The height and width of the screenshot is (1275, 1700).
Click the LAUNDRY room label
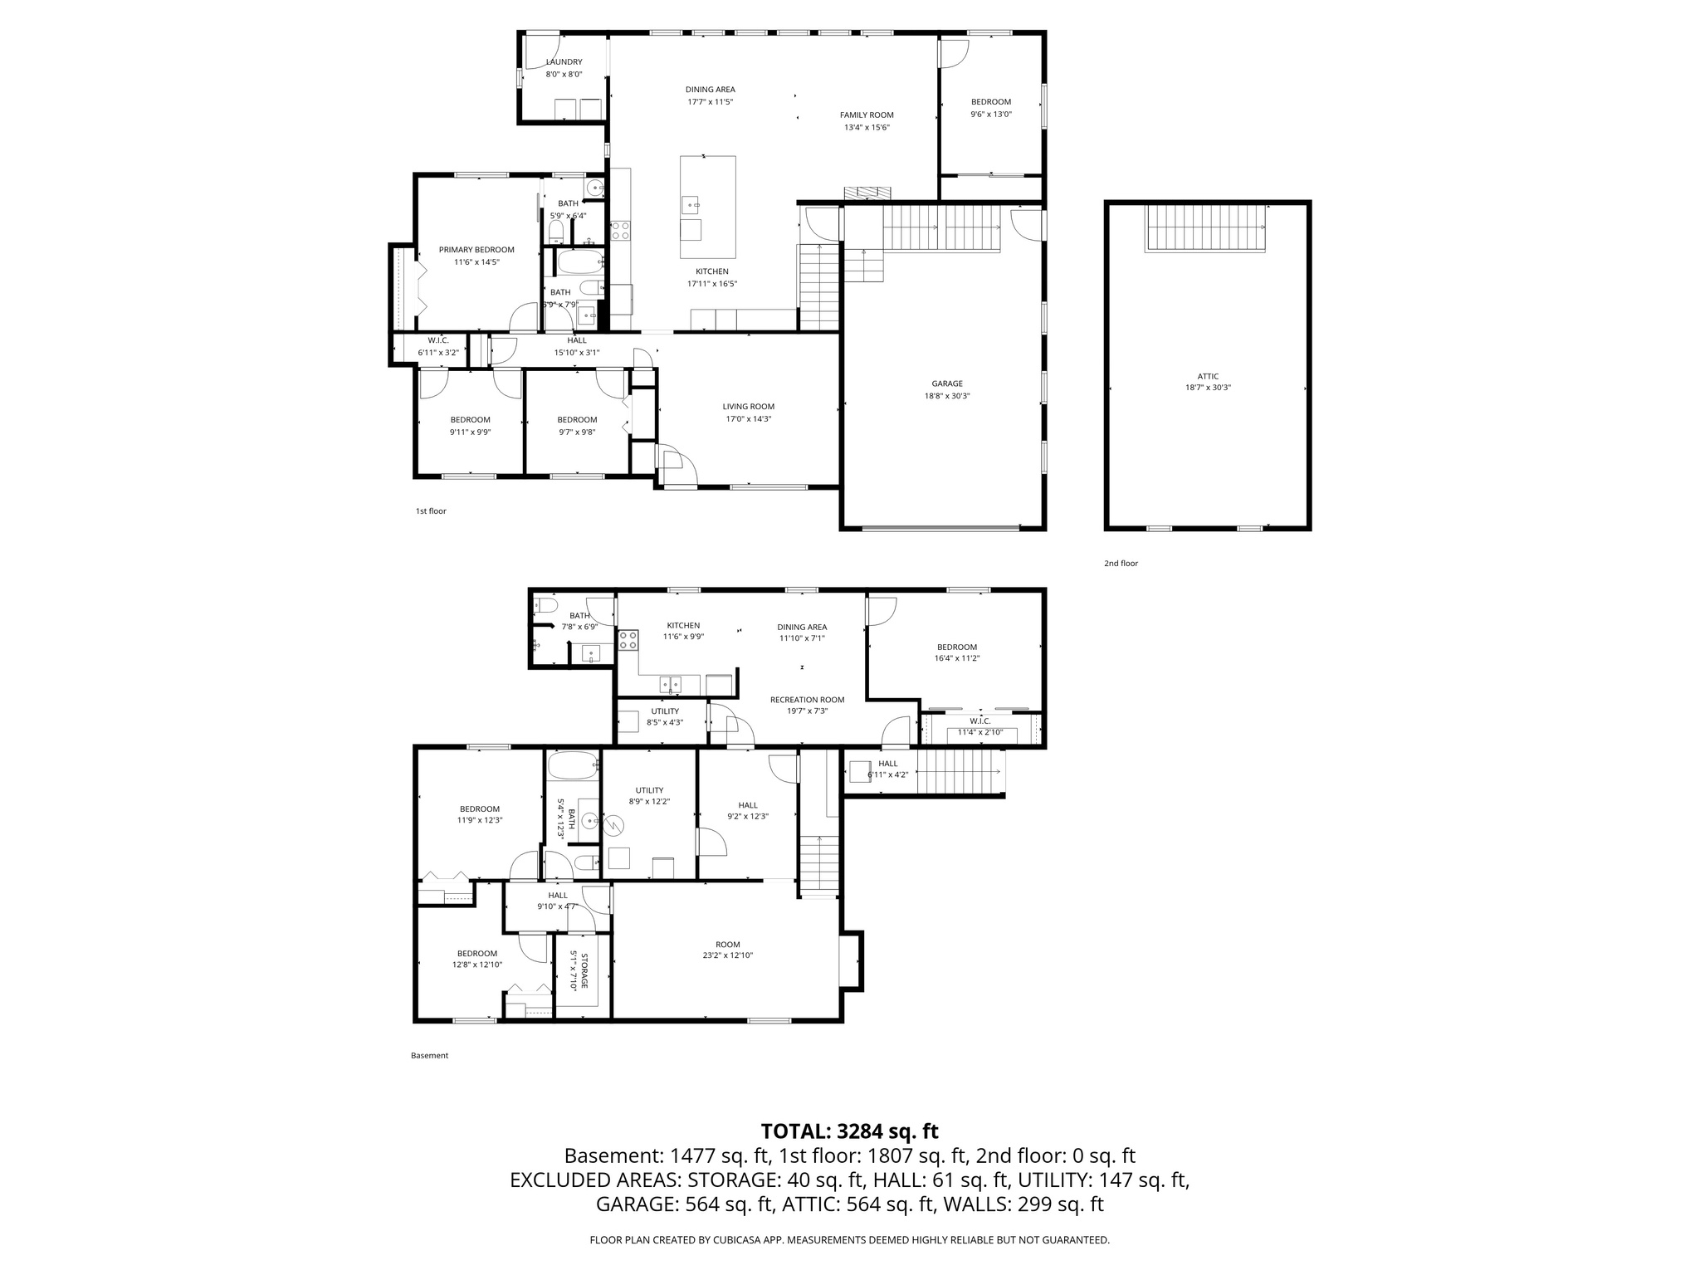pos(564,62)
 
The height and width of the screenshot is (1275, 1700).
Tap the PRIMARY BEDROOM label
pos(476,250)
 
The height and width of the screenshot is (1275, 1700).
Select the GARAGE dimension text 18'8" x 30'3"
pos(946,396)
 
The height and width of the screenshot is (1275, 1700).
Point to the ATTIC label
pos(1208,376)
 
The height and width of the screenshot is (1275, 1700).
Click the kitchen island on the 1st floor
pos(707,207)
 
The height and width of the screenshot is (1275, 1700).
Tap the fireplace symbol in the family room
pos(867,193)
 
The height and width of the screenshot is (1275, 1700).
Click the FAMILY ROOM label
pos(867,115)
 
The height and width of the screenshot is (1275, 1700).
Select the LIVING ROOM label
pos(748,407)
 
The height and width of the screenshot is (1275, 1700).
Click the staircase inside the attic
pos(1206,227)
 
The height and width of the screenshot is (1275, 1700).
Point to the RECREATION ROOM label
pos(807,700)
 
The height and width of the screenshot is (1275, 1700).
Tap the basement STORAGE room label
pos(584,971)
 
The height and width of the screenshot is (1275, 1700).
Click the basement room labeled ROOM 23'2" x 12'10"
pos(727,950)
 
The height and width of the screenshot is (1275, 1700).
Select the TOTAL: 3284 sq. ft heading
pos(849,1131)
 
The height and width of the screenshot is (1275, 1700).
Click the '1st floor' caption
pos(431,511)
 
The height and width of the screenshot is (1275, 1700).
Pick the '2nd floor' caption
pos(1121,564)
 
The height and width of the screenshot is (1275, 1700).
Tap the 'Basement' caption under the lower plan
pos(429,1056)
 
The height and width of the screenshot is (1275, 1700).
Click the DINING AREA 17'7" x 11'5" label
pos(710,90)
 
